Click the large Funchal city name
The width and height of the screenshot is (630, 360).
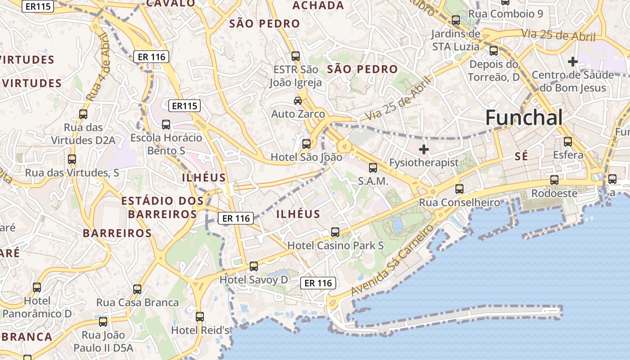pos(524,118)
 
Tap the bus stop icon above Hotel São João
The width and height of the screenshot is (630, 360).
pos(306,144)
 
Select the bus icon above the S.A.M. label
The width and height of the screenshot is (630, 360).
pos(373,168)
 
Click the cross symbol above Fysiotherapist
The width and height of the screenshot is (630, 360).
pos(423,149)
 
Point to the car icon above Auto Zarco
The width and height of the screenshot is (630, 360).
pos(298,100)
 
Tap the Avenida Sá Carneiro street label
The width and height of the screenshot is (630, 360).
pos(392,261)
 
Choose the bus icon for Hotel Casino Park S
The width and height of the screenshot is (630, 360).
pos(335,232)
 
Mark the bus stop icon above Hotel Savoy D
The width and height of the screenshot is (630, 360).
pos(254,266)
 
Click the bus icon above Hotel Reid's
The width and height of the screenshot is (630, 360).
pos(200,317)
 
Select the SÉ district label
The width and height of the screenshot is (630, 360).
pos(521,157)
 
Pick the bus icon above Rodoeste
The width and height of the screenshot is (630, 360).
pos(554,180)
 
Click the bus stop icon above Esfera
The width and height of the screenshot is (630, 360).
pos(568,142)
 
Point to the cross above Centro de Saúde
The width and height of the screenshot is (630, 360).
pos(572,61)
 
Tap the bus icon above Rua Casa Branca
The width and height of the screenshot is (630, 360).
pos(137,289)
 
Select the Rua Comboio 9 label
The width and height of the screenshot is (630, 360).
pos(506,13)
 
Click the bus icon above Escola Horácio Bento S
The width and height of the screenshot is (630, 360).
pos(166,124)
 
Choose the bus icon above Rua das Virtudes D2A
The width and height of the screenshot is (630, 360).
pos(83,114)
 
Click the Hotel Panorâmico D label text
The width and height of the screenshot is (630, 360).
pos(37,307)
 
